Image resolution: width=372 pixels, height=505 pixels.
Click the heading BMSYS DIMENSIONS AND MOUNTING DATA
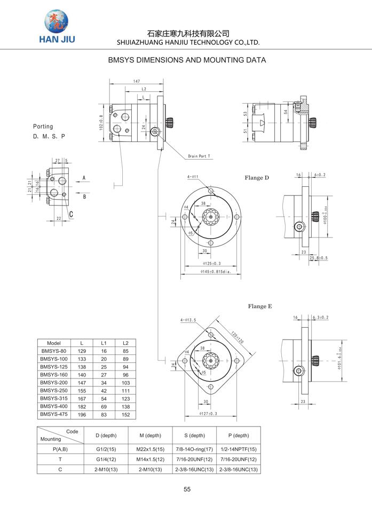tap(186, 60)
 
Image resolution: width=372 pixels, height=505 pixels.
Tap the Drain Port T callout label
tap(199, 156)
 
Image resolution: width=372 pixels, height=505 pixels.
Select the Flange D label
tap(257, 178)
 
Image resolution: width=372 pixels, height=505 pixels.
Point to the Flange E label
tap(260, 306)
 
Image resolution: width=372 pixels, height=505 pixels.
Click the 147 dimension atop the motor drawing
tap(137, 81)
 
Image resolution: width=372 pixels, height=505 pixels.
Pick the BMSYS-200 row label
tap(54, 383)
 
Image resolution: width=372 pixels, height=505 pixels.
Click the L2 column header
tap(125, 343)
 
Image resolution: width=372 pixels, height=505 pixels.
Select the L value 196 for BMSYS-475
tap(82, 414)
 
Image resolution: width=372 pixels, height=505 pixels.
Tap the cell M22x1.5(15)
tap(151, 449)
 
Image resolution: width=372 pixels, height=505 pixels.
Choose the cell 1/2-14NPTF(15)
tap(239, 449)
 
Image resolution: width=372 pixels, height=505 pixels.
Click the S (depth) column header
tap(194, 436)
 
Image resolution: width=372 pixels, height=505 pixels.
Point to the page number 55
tap(187, 489)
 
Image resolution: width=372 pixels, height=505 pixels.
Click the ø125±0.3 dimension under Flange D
tap(212, 264)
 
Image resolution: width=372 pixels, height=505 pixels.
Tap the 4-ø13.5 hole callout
tap(188, 320)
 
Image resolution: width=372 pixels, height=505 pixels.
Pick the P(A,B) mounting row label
tap(60, 449)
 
